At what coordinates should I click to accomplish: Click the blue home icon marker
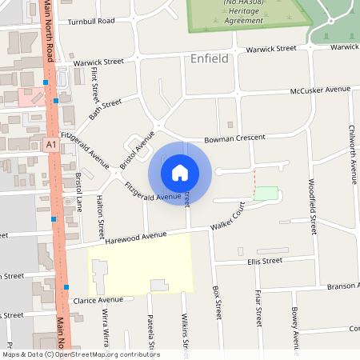[x=180, y=172]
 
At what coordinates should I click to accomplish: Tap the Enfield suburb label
[x=210, y=58]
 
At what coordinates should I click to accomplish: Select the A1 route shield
[x=50, y=144]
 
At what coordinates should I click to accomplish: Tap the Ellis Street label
[x=265, y=261]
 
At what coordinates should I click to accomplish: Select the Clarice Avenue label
[x=98, y=300]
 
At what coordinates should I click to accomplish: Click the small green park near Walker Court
[x=266, y=194]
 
